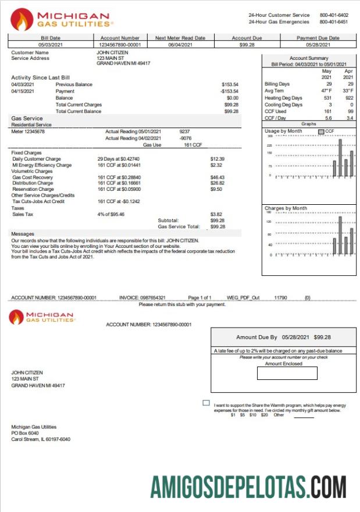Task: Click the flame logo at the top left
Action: (22, 19)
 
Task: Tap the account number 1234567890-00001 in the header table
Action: (120, 45)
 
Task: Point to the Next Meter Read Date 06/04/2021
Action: (180, 45)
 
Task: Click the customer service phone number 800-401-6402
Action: (334, 15)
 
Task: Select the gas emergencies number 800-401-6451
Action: (334, 22)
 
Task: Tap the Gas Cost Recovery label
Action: (33, 177)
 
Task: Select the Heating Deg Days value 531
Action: (327, 98)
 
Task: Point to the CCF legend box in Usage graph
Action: (321, 131)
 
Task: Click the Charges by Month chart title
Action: (286, 208)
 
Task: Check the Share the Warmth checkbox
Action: (206, 403)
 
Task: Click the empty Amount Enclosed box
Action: (287, 373)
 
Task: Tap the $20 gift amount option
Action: (265, 415)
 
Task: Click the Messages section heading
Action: (23, 233)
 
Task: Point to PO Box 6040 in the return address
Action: (26, 433)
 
